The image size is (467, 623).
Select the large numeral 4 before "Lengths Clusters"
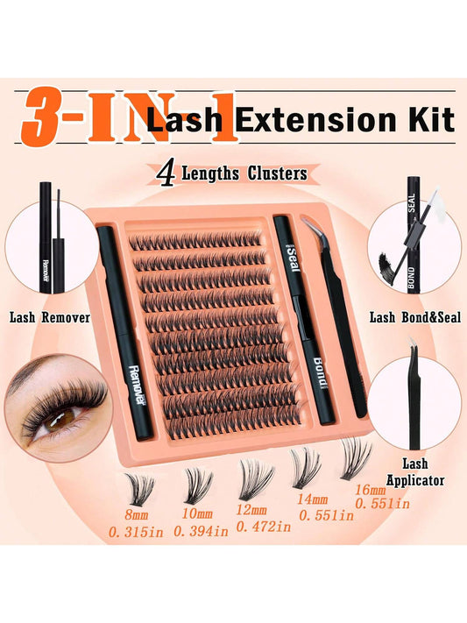[166, 174]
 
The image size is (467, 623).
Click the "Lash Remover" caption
[50, 317]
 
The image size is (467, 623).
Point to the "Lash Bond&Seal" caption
[415, 317]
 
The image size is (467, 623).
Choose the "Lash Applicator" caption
[415, 472]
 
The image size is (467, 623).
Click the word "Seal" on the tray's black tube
[294, 259]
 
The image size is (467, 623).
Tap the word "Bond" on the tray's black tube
[321, 372]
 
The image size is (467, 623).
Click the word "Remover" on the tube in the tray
[137, 384]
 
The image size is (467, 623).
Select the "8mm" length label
[137, 515]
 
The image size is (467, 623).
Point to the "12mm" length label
[251, 510]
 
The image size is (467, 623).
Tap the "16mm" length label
[371, 490]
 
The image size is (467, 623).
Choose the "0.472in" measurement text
[264, 527]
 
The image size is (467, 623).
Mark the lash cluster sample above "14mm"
[305, 467]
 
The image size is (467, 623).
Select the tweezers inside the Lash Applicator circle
[415, 394]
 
